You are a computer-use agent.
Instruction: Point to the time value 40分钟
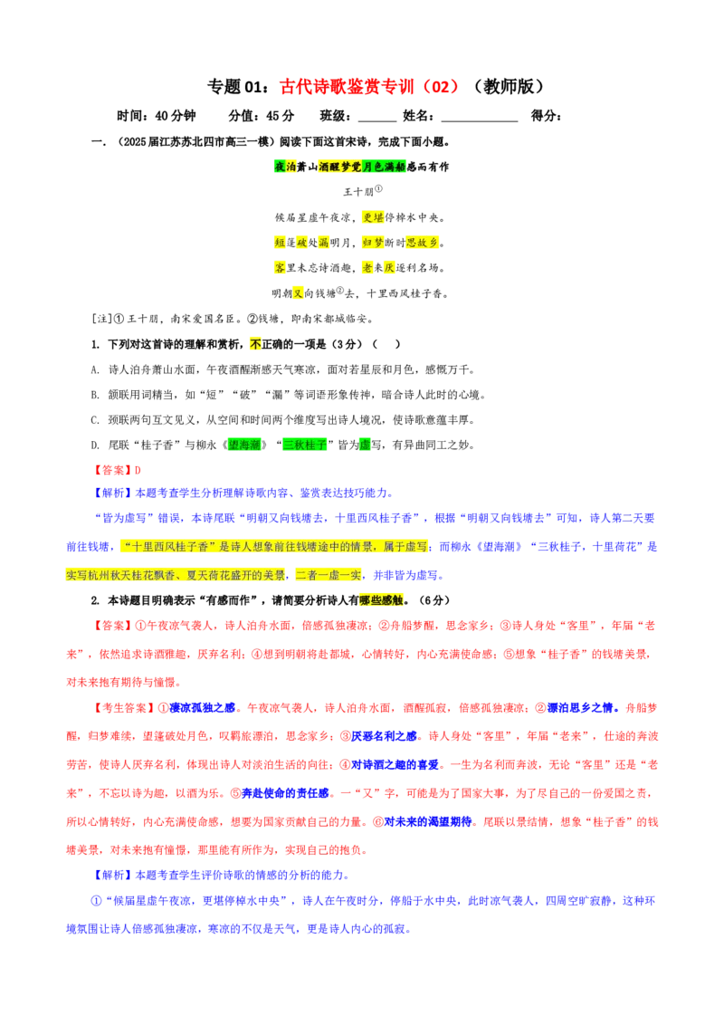[176, 116]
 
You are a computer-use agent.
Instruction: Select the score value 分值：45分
[261, 116]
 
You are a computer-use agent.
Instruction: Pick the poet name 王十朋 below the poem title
[358, 192]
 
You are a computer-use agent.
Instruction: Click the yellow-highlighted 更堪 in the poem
[373, 217]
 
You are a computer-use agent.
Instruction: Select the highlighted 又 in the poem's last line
[298, 293]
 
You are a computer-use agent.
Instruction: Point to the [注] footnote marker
[102, 319]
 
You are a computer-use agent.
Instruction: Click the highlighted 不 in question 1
[255, 344]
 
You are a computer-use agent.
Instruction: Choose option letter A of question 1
[95, 370]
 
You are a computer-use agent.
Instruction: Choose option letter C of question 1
[95, 420]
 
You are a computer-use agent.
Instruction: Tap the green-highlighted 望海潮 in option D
[244, 445]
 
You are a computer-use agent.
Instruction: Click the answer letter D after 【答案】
[138, 471]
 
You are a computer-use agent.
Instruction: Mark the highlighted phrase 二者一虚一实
[328, 575]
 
